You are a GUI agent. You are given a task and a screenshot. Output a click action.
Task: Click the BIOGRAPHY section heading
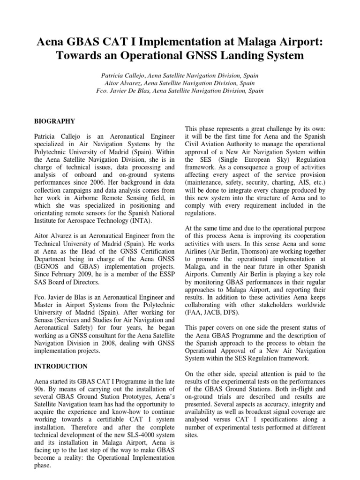(x=54, y=121)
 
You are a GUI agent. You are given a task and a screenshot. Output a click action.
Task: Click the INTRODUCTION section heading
(x=60, y=366)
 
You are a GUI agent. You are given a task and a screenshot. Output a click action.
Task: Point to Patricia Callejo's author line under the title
(x=180, y=75)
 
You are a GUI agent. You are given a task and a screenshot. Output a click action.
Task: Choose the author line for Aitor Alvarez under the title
(x=180, y=82)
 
